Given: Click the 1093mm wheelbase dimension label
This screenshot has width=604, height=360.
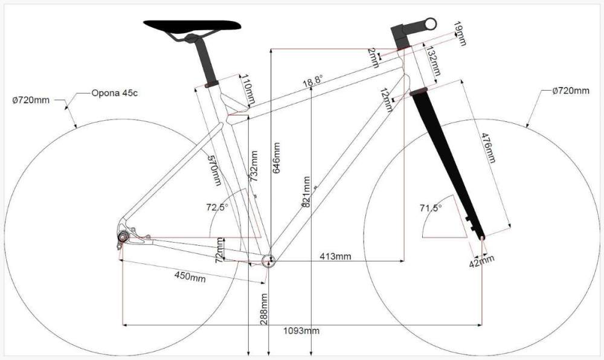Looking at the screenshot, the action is click(x=301, y=331).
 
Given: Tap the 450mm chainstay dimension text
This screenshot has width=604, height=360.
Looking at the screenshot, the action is click(x=190, y=277).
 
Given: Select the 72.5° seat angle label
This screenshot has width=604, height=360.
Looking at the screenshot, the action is click(x=217, y=207).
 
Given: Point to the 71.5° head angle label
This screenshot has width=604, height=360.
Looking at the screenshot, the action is click(x=431, y=208).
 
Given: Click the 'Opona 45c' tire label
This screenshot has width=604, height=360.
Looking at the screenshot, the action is click(x=114, y=93).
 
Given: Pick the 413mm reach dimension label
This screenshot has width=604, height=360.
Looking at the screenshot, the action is click(x=335, y=257).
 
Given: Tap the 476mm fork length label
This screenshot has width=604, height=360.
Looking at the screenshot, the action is click(x=487, y=147).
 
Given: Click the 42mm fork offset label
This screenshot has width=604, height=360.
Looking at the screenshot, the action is click(x=481, y=262).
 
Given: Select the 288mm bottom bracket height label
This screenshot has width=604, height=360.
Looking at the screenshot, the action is click(x=264, y=309).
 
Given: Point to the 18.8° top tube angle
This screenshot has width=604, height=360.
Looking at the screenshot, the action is click(x=312, y=81).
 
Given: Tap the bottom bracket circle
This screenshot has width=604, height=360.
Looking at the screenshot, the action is click(x=269, y=261).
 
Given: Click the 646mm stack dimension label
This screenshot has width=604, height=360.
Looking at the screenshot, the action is click(x=276, y=158).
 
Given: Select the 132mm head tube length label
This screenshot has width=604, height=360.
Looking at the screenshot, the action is click(x=432, y=60).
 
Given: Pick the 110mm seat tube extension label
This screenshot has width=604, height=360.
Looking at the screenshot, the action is click(x=248, y=90).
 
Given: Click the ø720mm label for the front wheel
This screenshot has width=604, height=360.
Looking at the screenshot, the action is click(x=571, y=91).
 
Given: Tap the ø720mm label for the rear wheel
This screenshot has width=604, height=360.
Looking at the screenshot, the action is click(x=31, y=100).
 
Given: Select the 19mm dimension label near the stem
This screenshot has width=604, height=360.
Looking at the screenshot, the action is click(x=459, y=33).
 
